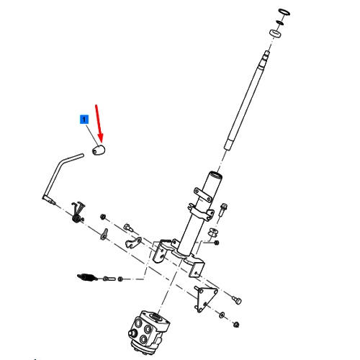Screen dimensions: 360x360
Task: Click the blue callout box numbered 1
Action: point(84,120)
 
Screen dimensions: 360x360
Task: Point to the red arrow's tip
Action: point(102,143)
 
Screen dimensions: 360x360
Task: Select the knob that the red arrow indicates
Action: point(99,150)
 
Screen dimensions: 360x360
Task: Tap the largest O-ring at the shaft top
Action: point(284,12)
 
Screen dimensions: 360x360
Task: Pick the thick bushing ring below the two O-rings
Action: point(275,33)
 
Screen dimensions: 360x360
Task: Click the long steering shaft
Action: point(246,100)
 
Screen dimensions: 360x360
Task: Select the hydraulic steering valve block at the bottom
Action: point(148,332)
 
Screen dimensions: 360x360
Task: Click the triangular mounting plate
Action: point(206,298)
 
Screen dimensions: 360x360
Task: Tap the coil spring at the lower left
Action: point(87,277)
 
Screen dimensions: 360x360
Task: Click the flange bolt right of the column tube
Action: point(223,210)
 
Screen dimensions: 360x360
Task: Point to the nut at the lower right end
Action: point(236,325)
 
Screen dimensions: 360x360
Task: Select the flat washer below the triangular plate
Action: point(222,315)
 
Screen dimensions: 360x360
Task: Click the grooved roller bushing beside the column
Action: point(213,233)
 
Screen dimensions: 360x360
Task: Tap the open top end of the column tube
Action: point(215,174)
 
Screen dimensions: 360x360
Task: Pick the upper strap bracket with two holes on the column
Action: point(203,194)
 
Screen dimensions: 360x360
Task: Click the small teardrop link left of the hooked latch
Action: point(104,234)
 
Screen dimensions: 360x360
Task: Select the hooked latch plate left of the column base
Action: point(133,243)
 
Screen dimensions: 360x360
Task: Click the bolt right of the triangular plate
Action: point(237,300)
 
